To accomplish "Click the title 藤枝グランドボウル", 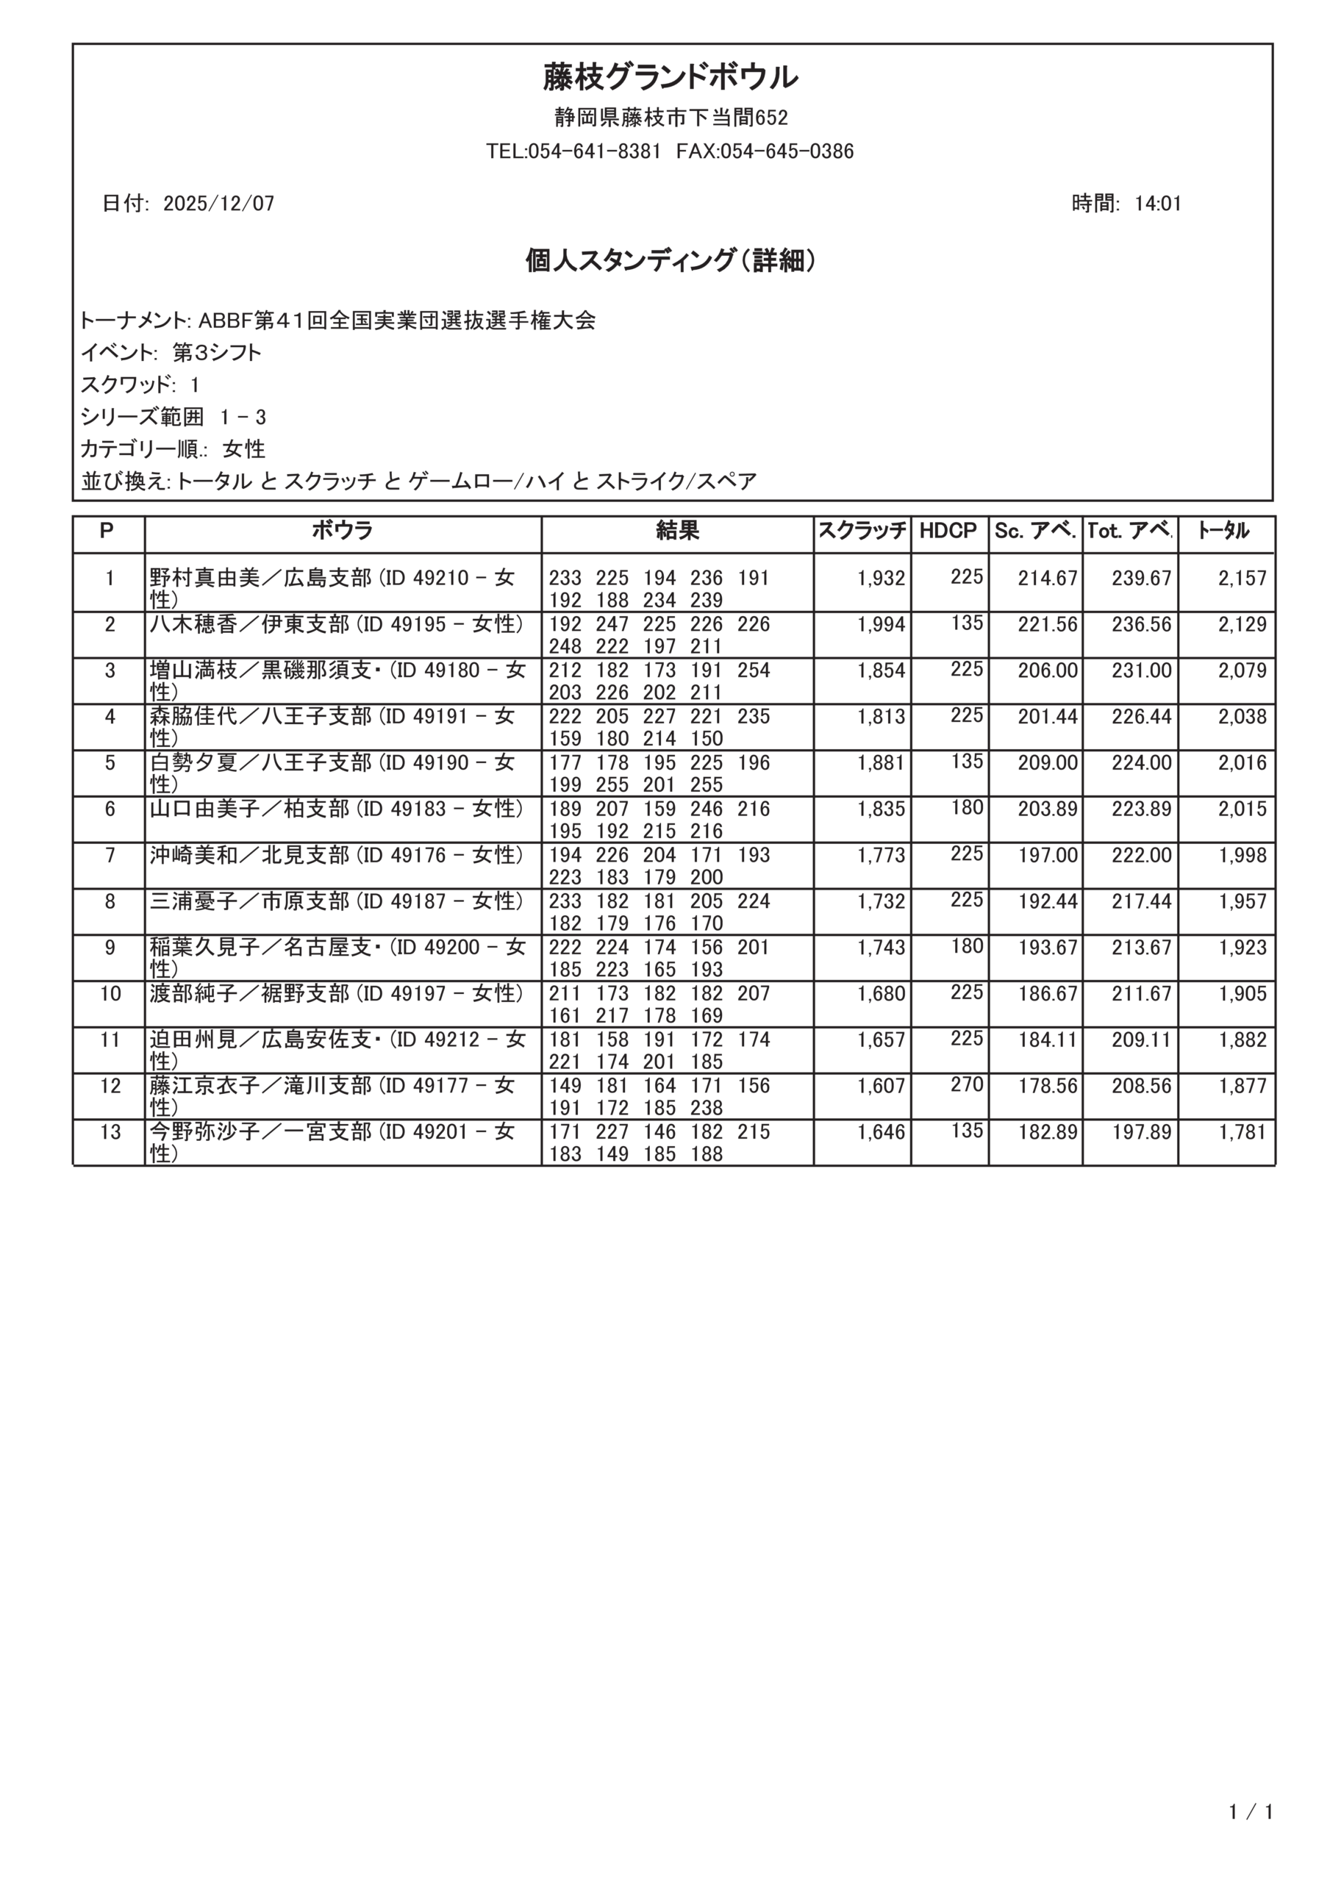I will point(670,78).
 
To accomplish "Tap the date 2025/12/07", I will point(218,204).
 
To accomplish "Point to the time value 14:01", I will point(1157,204).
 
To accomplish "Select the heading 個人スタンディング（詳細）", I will point(670,261).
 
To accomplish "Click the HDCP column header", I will point(948,532).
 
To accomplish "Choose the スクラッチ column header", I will point(862,532).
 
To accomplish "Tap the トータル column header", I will point(1223,532).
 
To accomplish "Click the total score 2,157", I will point(1242,579).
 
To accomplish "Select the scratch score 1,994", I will point(881,625).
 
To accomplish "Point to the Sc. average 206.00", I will point(1047,670).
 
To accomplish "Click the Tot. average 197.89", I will point(1140,1132).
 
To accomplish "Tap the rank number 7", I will point(110,856).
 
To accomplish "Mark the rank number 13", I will point(110,1132).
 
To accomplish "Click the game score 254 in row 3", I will point(753,670).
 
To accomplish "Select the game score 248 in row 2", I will point(565,647).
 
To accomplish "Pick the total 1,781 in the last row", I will point(1242,1132).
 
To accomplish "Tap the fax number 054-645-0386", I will point(787,151).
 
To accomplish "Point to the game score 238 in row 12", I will point(706,1108).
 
